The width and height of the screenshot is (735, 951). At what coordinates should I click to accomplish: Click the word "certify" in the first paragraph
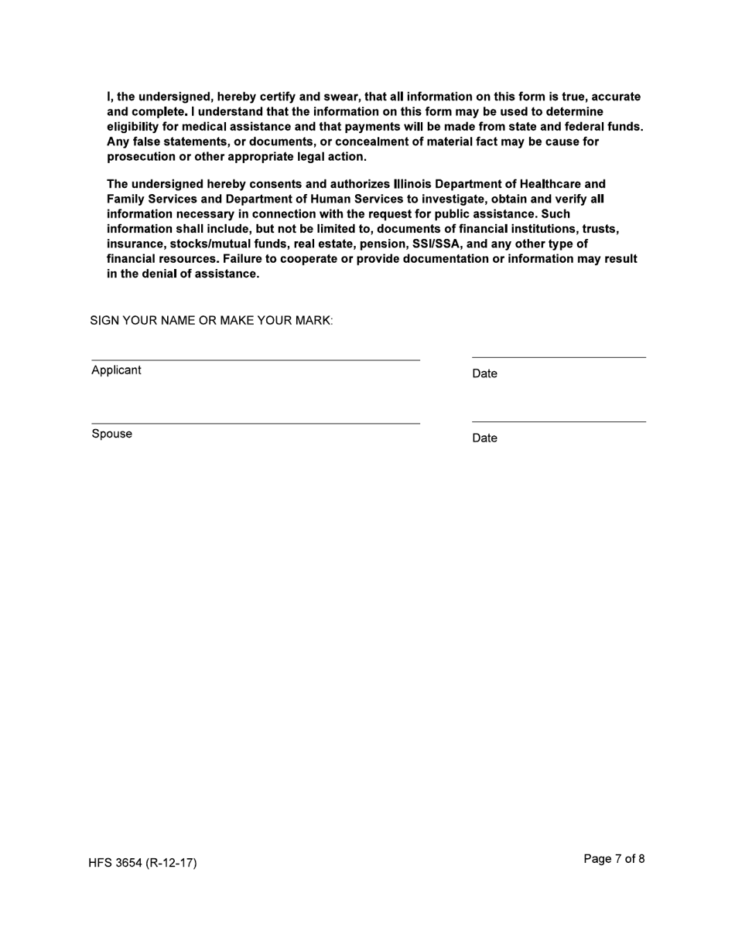pos(279,97)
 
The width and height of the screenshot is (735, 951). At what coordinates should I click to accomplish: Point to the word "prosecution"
pos(140,156)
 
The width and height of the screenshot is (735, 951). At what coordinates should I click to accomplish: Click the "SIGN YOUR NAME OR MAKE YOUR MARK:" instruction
pos(211,320)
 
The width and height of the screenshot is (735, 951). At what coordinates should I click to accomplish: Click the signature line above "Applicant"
pos(255,359)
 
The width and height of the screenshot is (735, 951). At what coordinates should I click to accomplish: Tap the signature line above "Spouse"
pos(255,422)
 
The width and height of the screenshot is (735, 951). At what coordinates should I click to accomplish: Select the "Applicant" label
pos(116,370)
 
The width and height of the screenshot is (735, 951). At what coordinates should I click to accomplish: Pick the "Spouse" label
pos(111,434)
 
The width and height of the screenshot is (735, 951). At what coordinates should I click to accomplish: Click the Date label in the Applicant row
pos(484,374)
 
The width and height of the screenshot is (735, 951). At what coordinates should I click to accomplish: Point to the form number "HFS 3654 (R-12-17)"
pos(142,863)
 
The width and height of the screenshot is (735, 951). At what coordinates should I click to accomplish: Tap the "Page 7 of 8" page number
pos(614,859)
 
